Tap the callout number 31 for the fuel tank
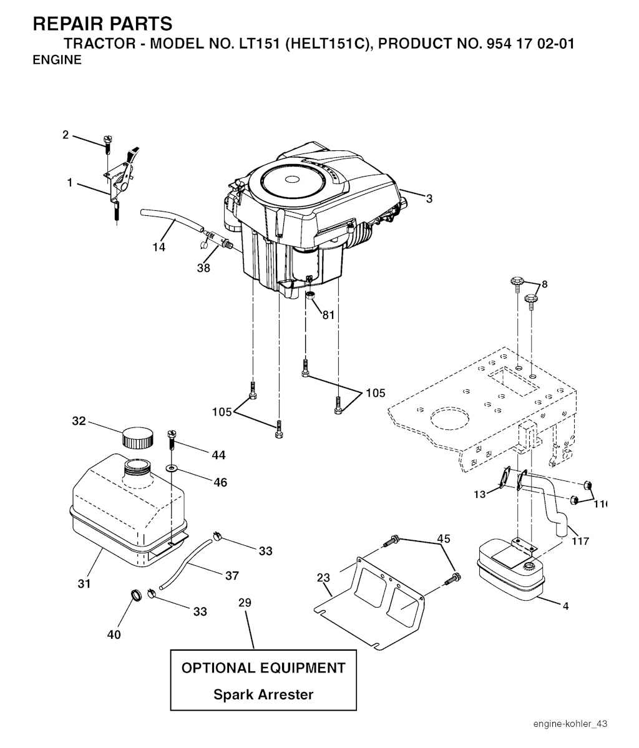click(84, 584)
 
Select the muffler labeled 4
click(510, 571)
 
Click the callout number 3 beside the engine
click(429, 199)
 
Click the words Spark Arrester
click(263, 694)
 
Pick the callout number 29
click(245, 603)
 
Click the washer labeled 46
click(171, 467)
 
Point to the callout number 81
click(328, 315)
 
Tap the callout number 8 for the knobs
click(544, 284)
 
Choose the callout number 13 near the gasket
click(480, 495)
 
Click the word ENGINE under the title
click(57, 61)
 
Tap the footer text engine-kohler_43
click(570, 724)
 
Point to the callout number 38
click(203, 268)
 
